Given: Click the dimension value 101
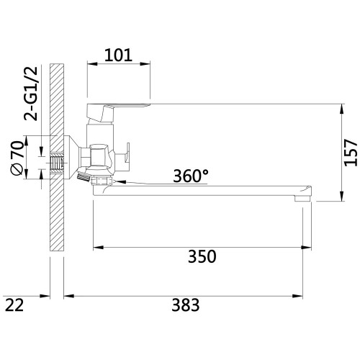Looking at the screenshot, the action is tap(118, 55).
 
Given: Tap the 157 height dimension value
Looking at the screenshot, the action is tap(351, 152).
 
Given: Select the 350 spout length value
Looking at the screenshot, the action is tap(202, 256).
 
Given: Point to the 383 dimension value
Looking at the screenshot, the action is tap(186, 305).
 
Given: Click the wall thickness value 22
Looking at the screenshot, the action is tap(14, 305).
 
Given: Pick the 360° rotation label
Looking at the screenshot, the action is tap(191, 176).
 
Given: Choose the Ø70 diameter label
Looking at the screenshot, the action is tap(17, 158).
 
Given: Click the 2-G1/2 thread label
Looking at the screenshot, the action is tap(31, 93).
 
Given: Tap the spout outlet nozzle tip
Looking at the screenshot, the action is tap(302, 198).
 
